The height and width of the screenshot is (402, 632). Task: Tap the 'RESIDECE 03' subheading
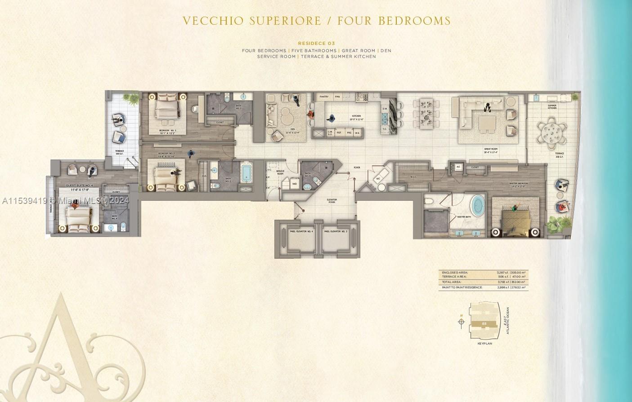tap(316, 44)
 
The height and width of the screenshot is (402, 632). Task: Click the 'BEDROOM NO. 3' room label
tap(167, 131)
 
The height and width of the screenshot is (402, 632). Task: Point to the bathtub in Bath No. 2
tap(247, 173)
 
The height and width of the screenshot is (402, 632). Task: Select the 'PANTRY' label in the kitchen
tap(323, 97)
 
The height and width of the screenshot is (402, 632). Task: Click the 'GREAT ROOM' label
tap(491, 149)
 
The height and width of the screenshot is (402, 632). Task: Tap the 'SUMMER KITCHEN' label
tap(552, 107)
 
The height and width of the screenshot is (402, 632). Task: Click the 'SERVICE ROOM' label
tap(280, 172)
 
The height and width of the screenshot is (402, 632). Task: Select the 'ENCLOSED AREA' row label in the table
tap(455, 272)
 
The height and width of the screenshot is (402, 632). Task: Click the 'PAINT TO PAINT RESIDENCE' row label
tap(462, 287)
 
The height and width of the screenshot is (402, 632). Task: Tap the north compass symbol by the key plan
tap(461, 322)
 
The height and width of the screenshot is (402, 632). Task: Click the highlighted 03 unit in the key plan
tap(484, 323)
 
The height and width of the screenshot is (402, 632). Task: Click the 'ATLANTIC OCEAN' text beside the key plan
tap(508, 321)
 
